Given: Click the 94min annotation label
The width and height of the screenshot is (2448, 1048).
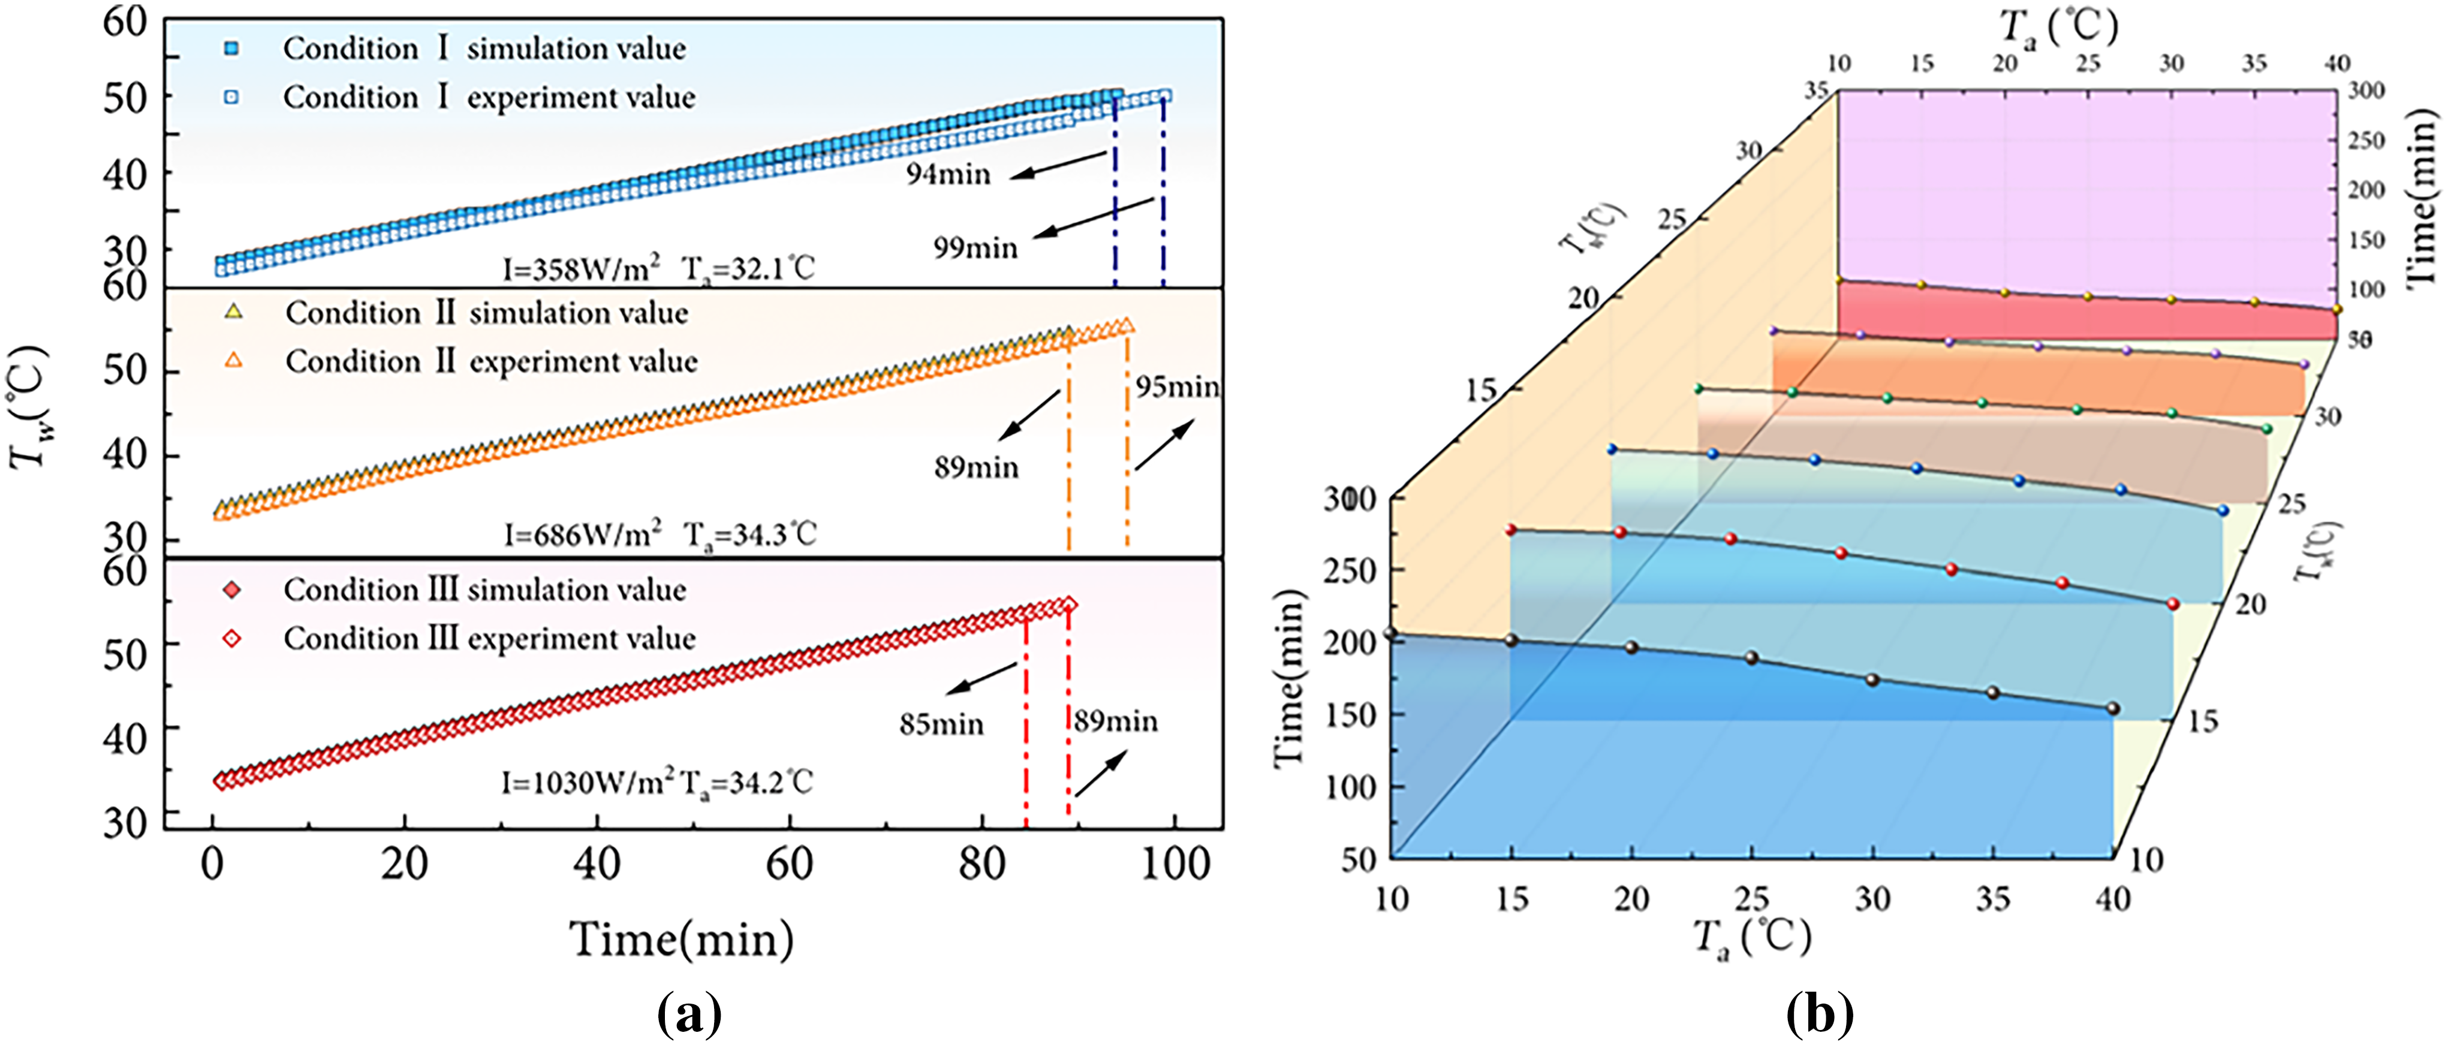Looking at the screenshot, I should pos(947,174).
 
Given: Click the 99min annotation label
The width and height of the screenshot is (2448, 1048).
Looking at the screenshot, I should pos(975,248).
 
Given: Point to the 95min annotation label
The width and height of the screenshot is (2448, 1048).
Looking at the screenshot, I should pos(1176,386).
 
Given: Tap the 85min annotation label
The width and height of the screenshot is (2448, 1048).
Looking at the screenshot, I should pos(941,724).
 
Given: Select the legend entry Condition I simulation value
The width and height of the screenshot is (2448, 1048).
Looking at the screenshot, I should pos(484,49).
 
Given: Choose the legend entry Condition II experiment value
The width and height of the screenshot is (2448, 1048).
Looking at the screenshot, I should pos(491,361).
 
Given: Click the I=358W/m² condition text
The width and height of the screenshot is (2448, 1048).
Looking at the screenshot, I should pos(582,269).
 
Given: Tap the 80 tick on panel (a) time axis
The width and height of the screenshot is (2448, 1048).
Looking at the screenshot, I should pos(981,863).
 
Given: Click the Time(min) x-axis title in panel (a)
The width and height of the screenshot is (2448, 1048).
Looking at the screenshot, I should pos(681,939).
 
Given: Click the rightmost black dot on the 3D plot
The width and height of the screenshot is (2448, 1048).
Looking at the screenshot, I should pos(2112,708).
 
